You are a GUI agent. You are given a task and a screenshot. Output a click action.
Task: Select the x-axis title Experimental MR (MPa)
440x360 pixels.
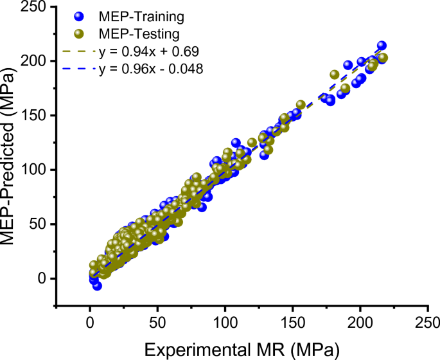242,349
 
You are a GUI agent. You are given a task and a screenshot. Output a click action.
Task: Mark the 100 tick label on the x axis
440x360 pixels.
225,321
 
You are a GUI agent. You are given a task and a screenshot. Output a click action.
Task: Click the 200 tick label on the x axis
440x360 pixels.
360,321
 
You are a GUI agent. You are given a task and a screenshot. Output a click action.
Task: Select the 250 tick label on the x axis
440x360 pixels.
428,321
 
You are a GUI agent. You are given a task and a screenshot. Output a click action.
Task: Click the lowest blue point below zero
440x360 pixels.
97,285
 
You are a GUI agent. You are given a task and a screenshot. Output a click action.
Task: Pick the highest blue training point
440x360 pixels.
382,46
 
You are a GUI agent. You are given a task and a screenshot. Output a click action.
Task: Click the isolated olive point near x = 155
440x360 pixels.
301,104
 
